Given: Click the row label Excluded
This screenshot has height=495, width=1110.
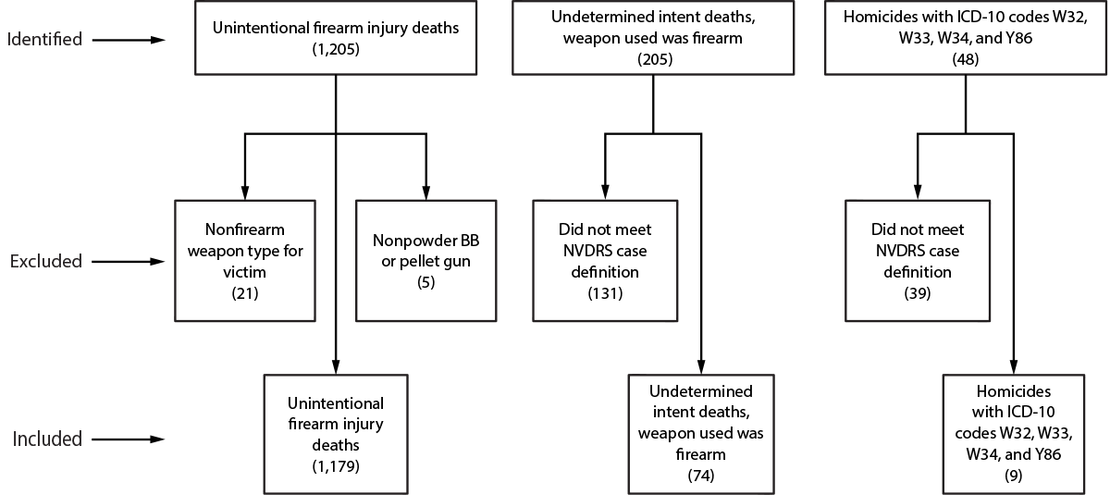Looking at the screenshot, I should click(46, 262).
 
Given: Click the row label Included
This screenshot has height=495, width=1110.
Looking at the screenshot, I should click(46, 439).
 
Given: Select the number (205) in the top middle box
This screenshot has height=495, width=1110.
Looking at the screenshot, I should click(653, 59).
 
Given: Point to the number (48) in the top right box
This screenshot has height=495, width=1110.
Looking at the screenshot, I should click(966, 59).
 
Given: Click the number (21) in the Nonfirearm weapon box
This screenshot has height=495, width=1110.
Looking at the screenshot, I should click(244, 293).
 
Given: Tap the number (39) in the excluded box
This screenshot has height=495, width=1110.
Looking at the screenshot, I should click(918, 293).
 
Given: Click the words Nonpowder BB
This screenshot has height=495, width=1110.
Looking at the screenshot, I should click(426, 242).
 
